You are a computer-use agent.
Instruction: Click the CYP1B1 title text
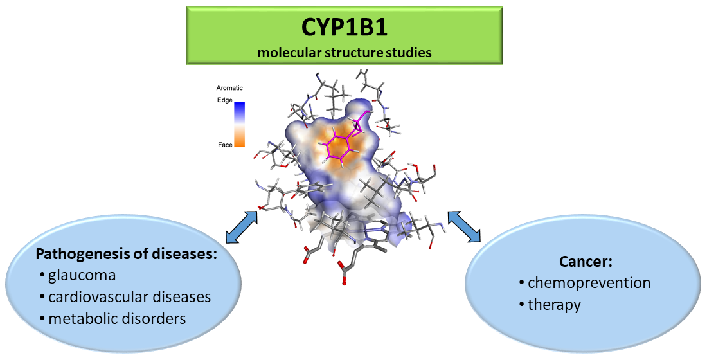(x=345, y=28)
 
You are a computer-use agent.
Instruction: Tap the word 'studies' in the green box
(x=409, y=53)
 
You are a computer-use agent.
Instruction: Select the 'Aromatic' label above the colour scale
(x=230, y=88)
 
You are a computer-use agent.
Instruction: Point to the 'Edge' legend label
(x=225, y=100)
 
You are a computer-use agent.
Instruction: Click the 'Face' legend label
(x=225, y=145)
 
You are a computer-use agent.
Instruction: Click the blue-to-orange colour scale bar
(x=239, y=124)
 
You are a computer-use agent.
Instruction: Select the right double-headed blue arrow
(x=464, y=226)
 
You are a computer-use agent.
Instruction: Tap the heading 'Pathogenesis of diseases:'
(x=127, y=253)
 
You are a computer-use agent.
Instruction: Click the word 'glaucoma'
(x=82, y=276)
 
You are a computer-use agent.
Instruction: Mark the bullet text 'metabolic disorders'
(x=118, y=318)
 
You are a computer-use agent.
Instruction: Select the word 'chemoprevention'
(x=589, y=282)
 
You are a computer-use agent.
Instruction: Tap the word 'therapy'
(x=554, y=304)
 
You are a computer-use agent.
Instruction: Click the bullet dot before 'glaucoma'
(x=41, y=276)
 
